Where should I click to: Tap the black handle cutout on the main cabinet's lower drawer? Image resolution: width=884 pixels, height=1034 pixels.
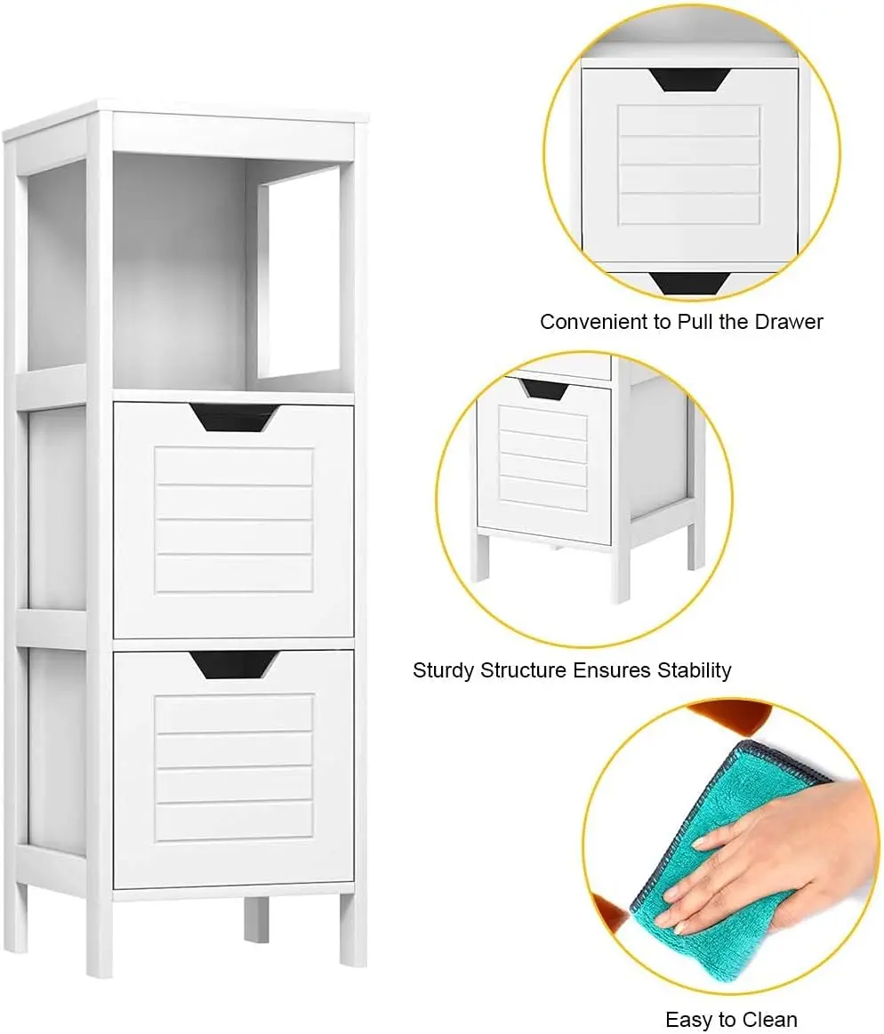point(235,663)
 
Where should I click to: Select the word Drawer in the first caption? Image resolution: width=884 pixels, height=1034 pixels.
point(789,321)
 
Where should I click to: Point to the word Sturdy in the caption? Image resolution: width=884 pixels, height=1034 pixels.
point(444,669)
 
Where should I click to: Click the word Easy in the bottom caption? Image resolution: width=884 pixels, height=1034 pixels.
point(686,1019)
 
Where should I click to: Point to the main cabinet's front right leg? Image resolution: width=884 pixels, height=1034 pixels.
point(352,929)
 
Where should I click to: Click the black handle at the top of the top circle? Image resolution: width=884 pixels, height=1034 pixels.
point(688,80)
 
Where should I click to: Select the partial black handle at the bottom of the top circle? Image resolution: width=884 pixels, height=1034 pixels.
point(688,283)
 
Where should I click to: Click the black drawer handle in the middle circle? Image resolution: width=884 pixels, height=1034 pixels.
point(544,389)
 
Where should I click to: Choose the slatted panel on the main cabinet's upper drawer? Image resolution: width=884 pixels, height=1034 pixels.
point(234,519)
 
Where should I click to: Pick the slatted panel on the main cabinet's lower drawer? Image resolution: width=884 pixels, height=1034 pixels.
point(234,766)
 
